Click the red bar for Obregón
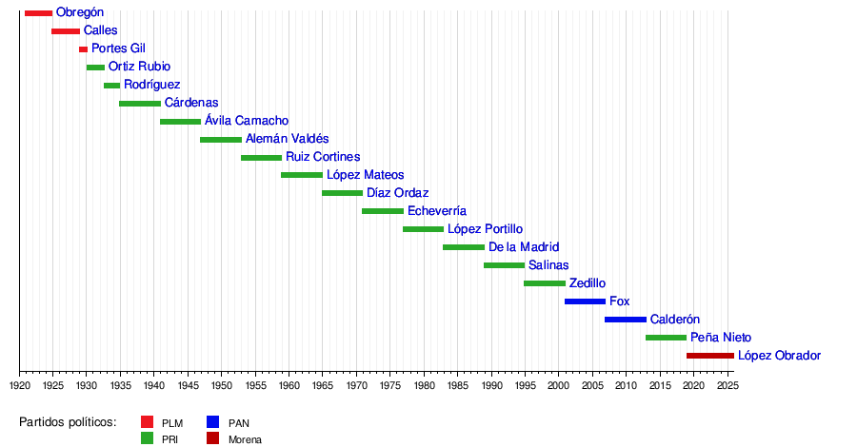click(x=38, y=12)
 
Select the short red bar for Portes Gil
click(x=83, y=49)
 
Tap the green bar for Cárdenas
click(x=140, y=103)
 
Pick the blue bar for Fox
click(x=585, y=301)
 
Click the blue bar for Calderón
click(x=626, y=320)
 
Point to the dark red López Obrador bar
click(x=709, y=356)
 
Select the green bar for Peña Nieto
click(x=666, y=338)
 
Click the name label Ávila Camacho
click(x=246, y=121)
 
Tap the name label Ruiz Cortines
click(x=323, y=157)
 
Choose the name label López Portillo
click(x=485, y=229)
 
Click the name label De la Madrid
click(x=524, y=247)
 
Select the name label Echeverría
click(x=436, y=211)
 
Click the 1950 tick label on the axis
click(x=221, y=385)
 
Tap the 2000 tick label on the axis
click(x=558, y=385)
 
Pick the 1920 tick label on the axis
click(x=20, y=385)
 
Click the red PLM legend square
click(x=147, y=422)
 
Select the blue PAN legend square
click(x=213, y=422)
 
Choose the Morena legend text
click(x=245, y=439)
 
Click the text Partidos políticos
click(x=68, y=422)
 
